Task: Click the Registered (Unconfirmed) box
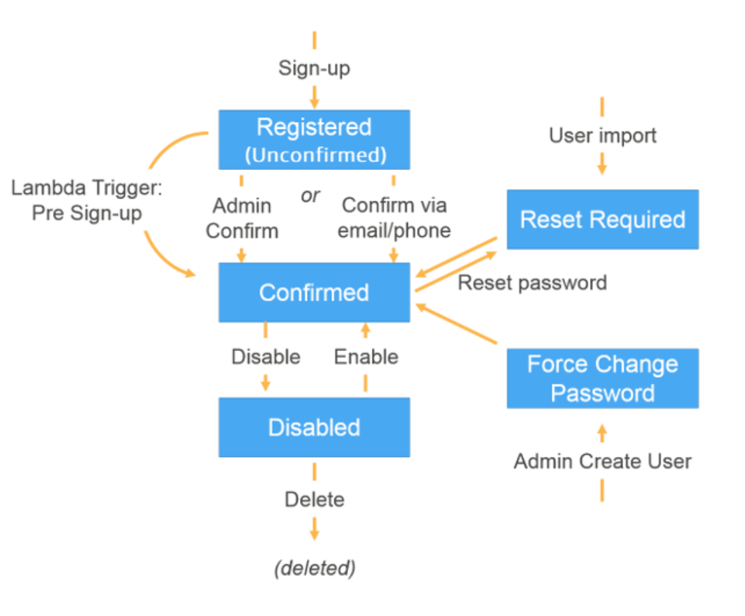tap(314, 139)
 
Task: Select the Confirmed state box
tap(314, 293)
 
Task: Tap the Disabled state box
tap(314, 427)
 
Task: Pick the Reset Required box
tap(603, 220)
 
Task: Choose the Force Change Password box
tap(603, 378)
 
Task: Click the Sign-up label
tap(314, 68)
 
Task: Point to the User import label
tap(603, 136)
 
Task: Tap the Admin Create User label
tap(603, 461)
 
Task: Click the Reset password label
tap(532, 283)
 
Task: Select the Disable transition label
tap(266, 357)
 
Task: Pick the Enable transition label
tap(366, 357)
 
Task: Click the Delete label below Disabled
tap(314, 500)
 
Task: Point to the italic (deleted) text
tap(315, 568)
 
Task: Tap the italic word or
tap(310, 196)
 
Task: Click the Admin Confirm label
tap(242, 218)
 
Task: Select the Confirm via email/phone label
tap(394, 218)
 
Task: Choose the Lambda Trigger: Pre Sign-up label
tap(86, 200)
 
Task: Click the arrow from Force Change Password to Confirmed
tap(457, 323)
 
